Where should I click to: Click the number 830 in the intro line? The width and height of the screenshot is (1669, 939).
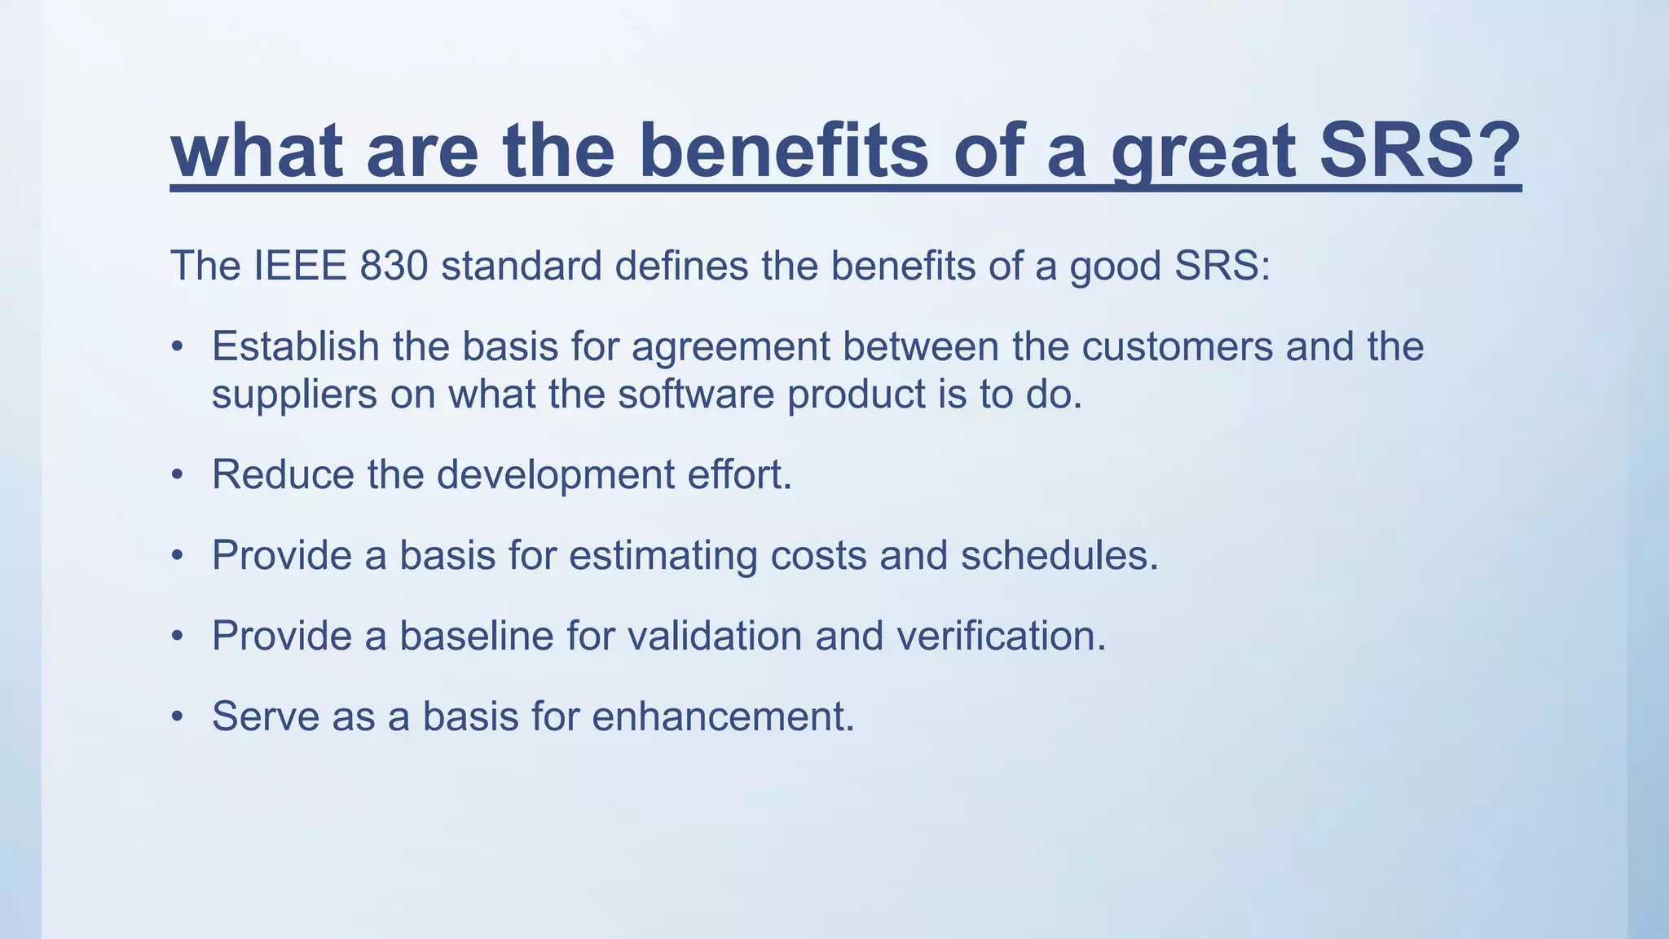coord(394,266)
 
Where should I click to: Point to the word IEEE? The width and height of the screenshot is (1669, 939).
coord(301,266)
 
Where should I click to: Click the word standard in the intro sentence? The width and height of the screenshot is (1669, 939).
coord(522,266)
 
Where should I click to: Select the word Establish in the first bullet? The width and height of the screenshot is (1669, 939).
coord(295,346)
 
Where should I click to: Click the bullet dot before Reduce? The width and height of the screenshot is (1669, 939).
coord(177,475)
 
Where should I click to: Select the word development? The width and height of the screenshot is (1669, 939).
coord(555,475)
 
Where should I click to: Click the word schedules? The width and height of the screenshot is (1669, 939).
coord(1059,556)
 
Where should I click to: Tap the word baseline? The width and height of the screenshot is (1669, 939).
coord(477,636)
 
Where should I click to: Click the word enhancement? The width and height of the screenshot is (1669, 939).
coord(722,716)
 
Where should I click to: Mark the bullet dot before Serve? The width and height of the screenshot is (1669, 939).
coord(177,717)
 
